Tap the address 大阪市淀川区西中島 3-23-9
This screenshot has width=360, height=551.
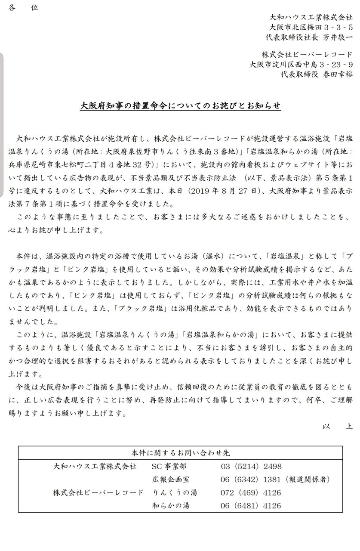pyautogui.click(x=302, y=65)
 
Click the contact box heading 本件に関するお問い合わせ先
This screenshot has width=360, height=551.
pyautogui.click(x=180, y=453)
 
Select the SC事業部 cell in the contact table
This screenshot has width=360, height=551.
pyautogui.click(x=169, y=466)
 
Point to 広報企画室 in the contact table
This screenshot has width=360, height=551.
pyautogui.click(x=171, y=479)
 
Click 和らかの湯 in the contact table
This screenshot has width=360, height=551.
pyautogui.click(x=171, y=506)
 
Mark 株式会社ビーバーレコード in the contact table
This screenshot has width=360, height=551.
pyautogui.click(x=98, y=492)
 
